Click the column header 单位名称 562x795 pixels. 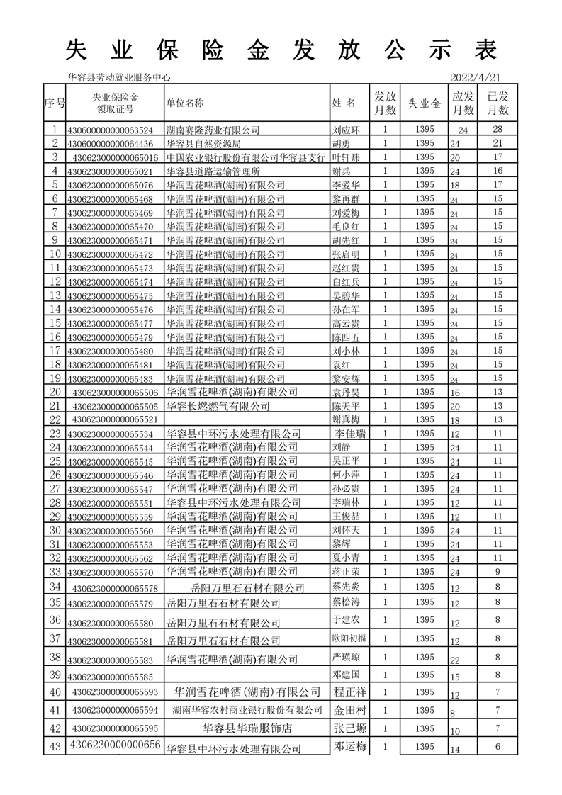185,103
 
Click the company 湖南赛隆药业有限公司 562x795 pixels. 213,130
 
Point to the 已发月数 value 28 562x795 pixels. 498,130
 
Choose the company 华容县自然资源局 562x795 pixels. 203,144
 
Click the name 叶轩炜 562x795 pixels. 347,157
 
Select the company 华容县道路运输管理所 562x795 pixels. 213,171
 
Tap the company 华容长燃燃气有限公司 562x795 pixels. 218,406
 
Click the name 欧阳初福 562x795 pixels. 349,638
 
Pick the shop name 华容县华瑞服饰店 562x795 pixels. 248,728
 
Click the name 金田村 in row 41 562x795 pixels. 349,709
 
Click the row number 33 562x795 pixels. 55,572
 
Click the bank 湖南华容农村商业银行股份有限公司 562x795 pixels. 248,709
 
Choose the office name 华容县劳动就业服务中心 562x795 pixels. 118,78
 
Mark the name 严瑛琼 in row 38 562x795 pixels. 347,657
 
